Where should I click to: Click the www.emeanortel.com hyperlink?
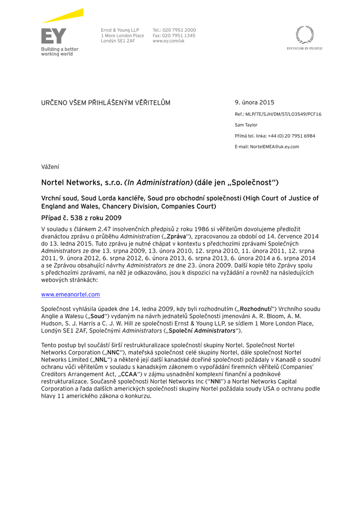point(70,294)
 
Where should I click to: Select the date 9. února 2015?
point(254,102)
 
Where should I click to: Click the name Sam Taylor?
point(246,125)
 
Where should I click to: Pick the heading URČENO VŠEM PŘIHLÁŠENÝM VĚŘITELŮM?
point(105,103)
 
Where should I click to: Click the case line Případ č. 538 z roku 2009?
point(81,218)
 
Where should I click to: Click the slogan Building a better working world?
point(60,52)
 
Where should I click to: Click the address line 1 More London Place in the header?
point(122,36)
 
